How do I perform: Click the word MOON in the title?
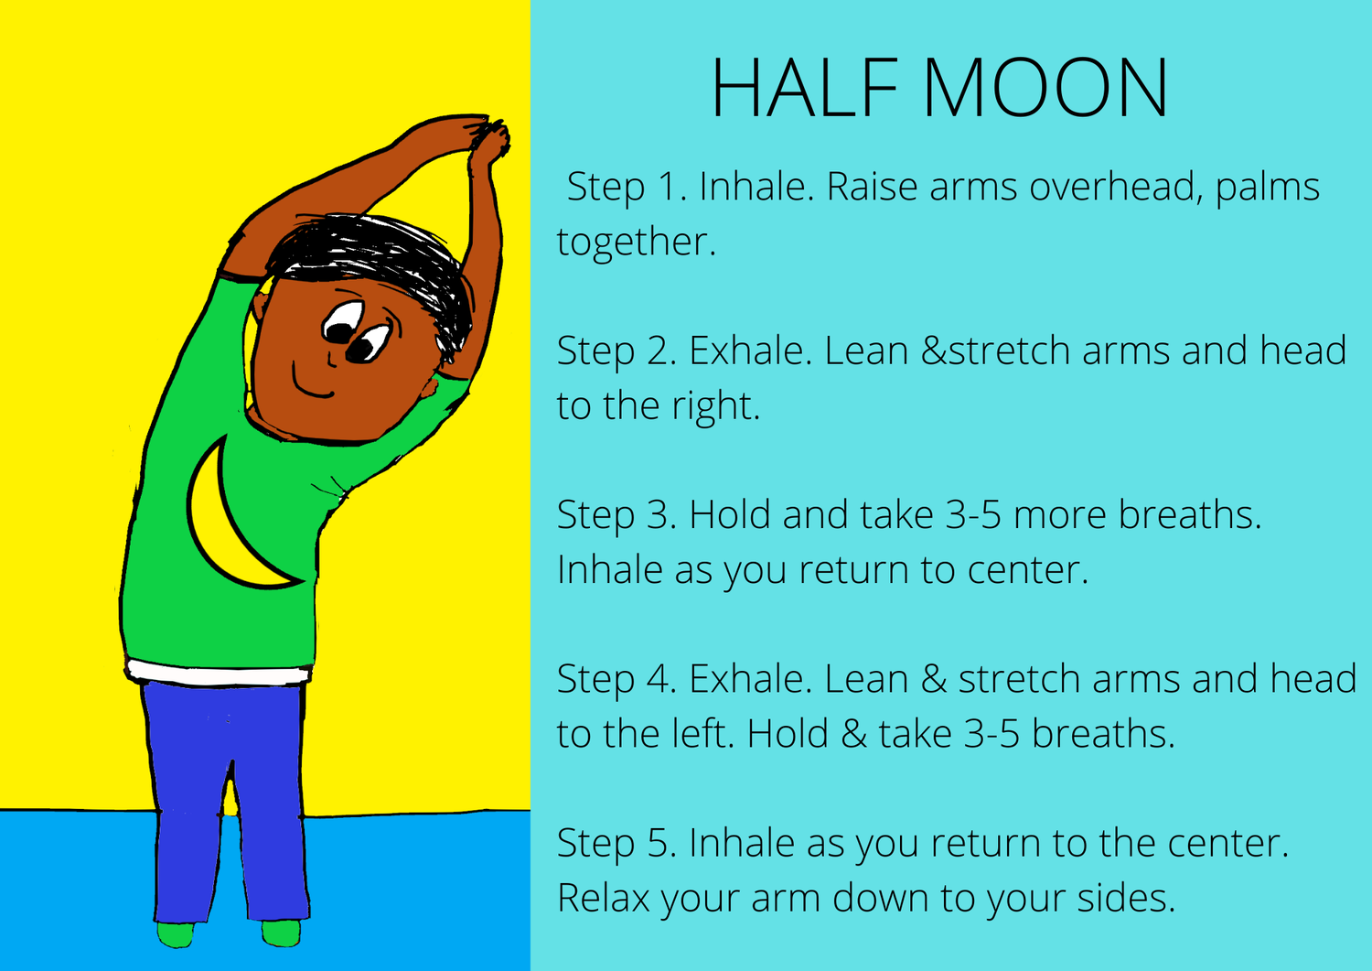pos(1045,87)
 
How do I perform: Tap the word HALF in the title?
pos(804,87)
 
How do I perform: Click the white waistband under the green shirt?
pos(218,673)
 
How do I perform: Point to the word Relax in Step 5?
pos(604,898)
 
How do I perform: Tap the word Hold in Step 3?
pos(730,514)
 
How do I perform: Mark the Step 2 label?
pos(616,351)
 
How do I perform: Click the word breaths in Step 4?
pos(1103,733)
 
